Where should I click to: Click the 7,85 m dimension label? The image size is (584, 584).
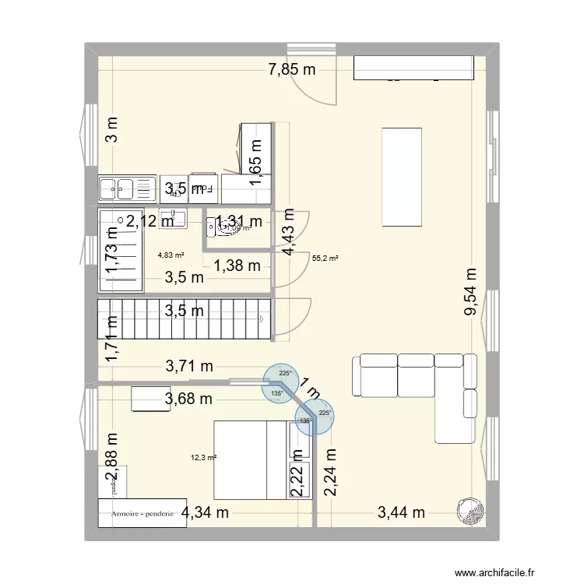(293, 70)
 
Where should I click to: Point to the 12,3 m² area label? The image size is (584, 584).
(203, 457)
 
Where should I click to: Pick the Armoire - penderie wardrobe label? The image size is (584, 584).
(142, 515)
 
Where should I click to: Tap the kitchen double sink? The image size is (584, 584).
(125, 188)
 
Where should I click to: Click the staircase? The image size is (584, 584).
(183, 320)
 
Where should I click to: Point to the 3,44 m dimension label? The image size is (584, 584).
(401, 512)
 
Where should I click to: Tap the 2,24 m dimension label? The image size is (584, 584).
(331, 473)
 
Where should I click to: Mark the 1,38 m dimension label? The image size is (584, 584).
(237, 266)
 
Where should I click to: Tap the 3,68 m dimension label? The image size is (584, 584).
(188, 399)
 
